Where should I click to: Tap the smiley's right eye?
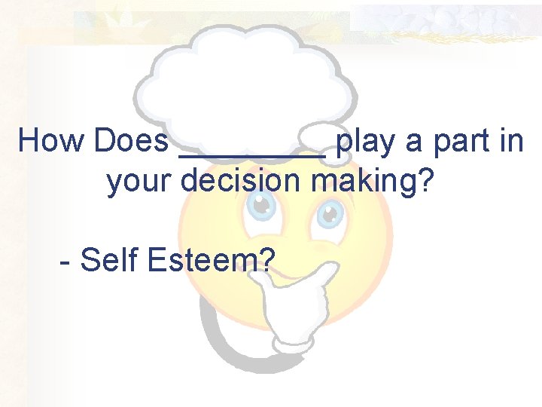click(x=329, y=214)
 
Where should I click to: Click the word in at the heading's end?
click(x=509, y=141)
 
